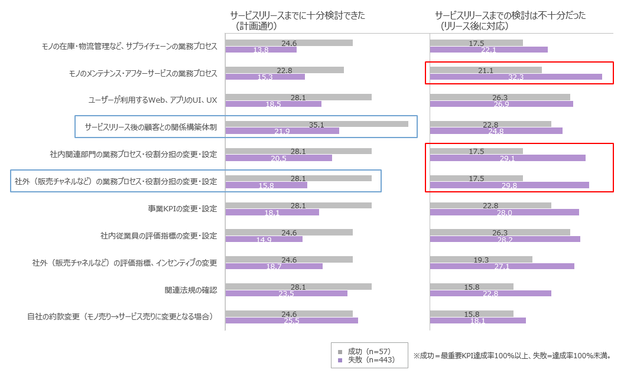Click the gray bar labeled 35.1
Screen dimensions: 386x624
[317, 124]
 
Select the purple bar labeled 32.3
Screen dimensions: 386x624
[516, 77]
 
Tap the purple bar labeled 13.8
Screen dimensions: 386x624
[261, 50]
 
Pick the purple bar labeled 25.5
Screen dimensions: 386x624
[291, 320]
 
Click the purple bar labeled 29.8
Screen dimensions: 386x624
[509, 185]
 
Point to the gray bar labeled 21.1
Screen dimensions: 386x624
[486, 70]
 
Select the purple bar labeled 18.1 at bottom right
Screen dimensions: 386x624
[477, 320]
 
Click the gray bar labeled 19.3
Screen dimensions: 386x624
[481, 259]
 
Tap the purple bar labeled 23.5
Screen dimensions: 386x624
[286, 293]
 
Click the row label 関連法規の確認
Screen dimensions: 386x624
[191, 290]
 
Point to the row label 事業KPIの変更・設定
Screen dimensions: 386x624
[183, 209]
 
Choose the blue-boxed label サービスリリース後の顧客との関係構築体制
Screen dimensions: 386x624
[151, 127]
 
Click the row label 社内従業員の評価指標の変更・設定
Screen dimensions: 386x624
[159, 236]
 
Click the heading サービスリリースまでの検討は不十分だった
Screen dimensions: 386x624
[510, 16]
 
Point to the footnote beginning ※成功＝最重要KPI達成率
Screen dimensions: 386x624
[512, 356]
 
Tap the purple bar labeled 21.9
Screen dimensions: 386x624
[282, 131]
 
